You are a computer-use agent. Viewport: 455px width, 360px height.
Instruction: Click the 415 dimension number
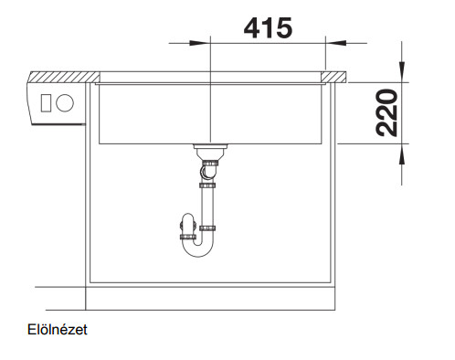pyautogui.click(x=268, y=27)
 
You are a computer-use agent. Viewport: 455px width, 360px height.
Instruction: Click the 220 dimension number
pyautogui.click(x=386, y=112)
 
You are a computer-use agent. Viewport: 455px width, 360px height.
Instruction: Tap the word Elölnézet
pyautogui.click(x=58, y=330)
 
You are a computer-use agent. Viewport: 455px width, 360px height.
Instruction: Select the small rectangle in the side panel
pyautogui.click(x=46, y=103)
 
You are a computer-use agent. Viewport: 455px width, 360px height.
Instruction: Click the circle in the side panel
pyautogui.click(x=65, y=103)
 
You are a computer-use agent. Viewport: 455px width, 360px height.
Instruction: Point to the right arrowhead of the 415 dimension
pyautogui.click(x=336, y=43)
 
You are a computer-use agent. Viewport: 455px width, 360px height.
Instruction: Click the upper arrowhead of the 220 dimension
pyautogui.click(x=402, y=72)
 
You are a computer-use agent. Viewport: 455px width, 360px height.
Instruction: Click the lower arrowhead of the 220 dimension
pyautogui.click(x=402, y=154)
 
